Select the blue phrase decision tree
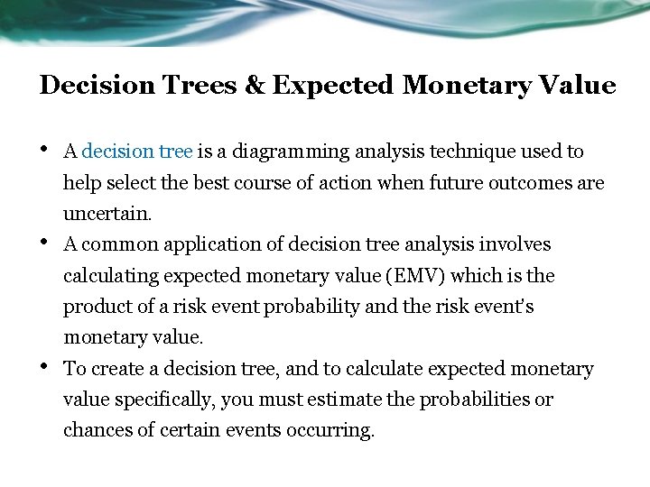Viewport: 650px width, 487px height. (x=136, y=152)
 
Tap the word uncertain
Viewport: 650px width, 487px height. (x=107, y=214)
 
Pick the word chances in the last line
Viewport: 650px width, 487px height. (x=95, y=430)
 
